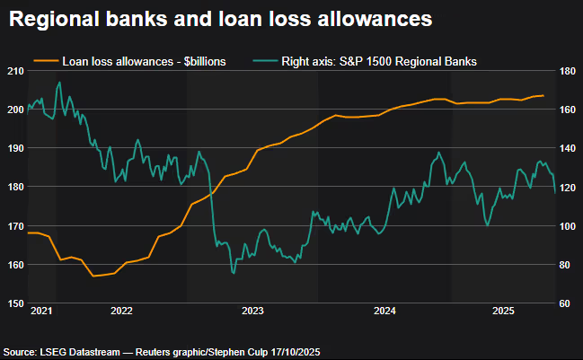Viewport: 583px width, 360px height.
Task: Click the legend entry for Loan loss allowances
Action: point(143,61)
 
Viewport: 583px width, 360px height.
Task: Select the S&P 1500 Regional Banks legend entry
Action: point(376,61)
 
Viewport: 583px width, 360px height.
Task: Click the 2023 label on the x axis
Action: point(252,311)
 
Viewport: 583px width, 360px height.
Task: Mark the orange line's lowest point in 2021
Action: point(93,276)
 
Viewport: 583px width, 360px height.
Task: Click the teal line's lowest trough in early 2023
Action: point(234,272)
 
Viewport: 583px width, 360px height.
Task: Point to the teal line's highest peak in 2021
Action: point(59,83)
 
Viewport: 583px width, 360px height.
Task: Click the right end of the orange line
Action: point(543,95)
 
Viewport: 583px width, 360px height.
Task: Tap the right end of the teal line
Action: point(554,190)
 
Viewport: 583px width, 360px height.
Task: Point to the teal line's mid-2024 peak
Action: point(438,153)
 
